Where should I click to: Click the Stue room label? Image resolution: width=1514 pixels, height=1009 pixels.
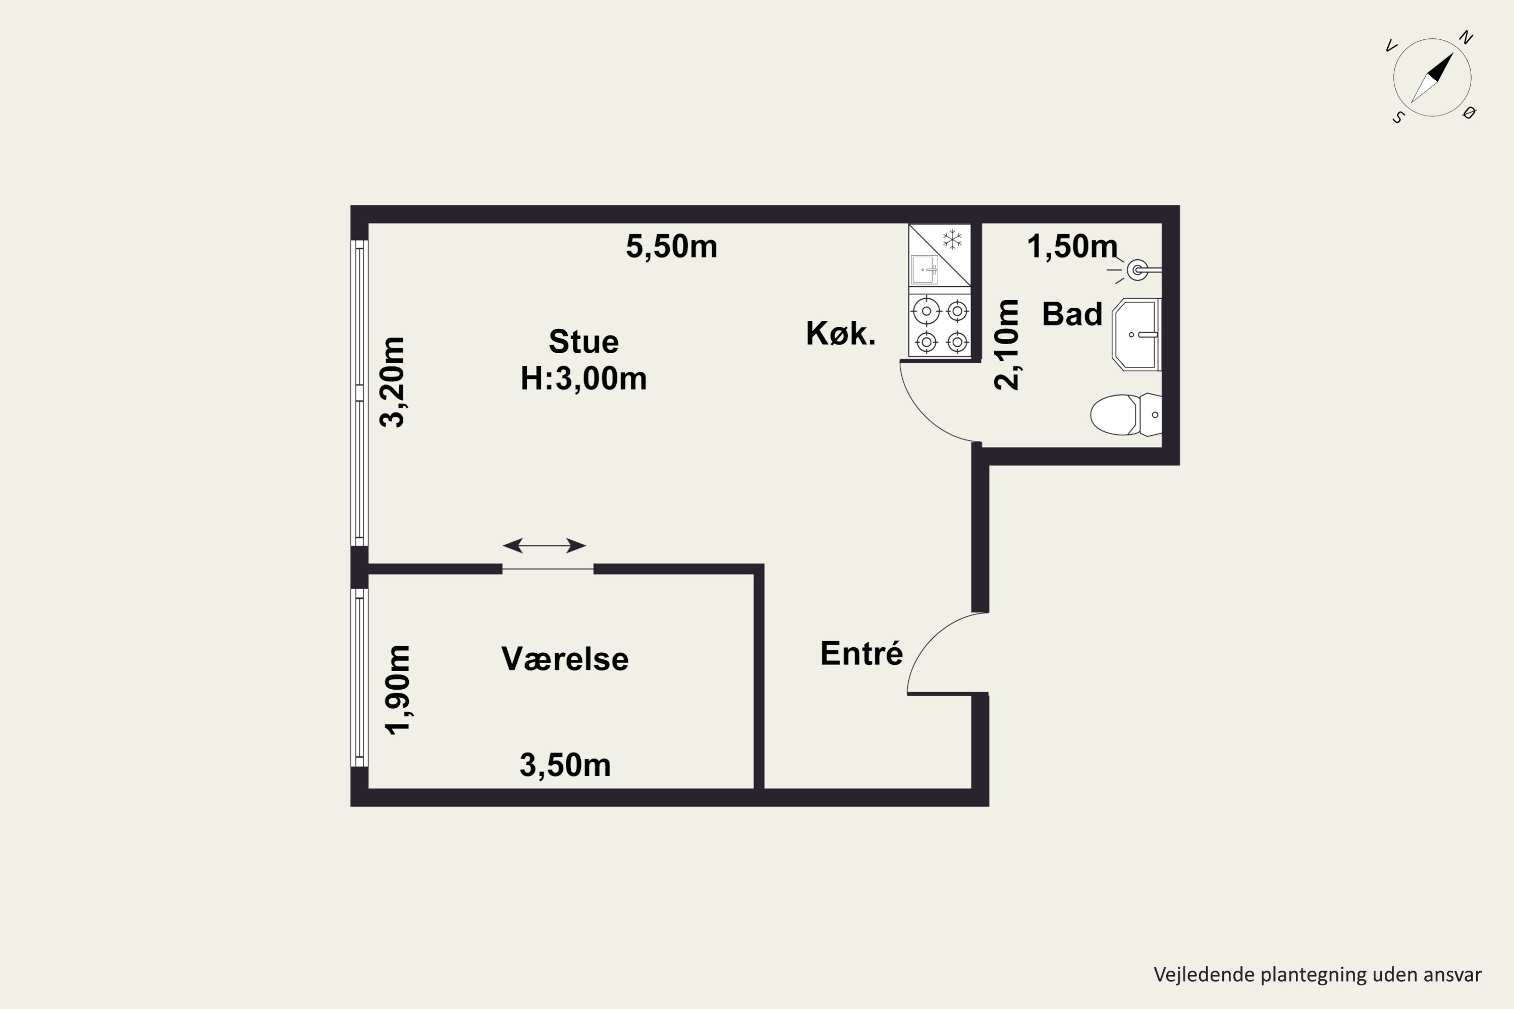583,342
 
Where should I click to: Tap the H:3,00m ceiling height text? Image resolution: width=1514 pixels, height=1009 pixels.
583,378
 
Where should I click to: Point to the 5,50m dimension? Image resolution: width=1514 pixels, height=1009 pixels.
671,247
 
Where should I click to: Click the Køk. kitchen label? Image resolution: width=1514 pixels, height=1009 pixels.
841,333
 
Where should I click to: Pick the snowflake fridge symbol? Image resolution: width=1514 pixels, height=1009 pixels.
952,240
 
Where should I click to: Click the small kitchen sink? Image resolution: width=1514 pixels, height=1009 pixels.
925,269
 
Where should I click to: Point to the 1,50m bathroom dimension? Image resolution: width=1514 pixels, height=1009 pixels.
1072,247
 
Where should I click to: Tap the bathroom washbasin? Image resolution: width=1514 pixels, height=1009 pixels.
1136,334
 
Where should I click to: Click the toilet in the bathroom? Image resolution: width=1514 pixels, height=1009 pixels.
1126,414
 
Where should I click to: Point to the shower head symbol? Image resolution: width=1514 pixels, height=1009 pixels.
1138,270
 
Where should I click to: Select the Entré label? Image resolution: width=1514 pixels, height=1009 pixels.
861,654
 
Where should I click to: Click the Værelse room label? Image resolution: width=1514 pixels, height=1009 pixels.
565,659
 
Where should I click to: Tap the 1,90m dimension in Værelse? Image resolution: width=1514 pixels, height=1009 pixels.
397,690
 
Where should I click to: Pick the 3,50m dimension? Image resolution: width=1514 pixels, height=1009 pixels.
565,766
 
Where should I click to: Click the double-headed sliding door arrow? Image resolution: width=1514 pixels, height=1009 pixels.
544,546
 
